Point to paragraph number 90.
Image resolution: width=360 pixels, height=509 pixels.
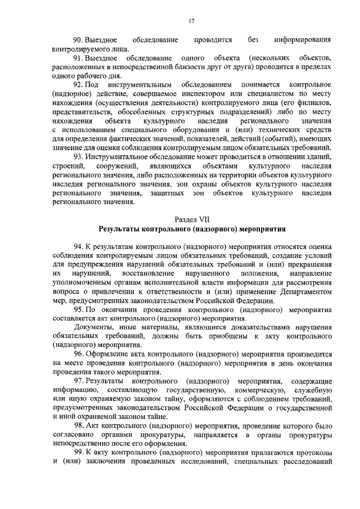[79, 40]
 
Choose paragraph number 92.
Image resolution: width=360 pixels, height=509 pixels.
[79, 84]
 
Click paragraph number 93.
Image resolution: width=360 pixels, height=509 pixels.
[79, 156]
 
